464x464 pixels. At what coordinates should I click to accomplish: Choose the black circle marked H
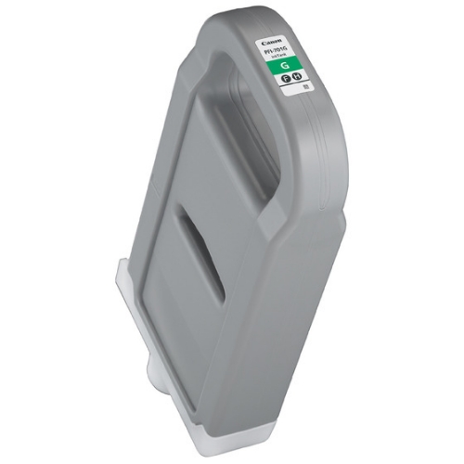point(298,83)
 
